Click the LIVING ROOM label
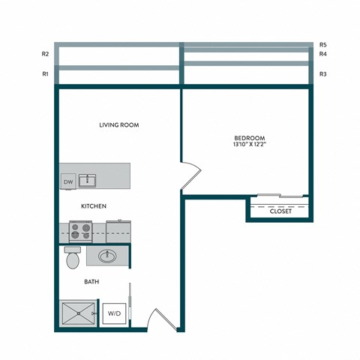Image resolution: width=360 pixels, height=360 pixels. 119,125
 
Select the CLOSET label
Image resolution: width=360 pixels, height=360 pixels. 281,211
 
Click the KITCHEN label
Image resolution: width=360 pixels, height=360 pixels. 94,205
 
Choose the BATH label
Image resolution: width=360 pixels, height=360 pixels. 92,282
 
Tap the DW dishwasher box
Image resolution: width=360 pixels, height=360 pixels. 67,181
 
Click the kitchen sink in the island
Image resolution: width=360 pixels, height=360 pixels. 88,180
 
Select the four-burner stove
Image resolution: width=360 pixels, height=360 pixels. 81,229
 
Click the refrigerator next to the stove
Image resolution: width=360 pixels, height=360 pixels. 118,229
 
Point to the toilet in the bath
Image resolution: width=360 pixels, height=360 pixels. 73,258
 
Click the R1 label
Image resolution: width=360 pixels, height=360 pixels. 46,74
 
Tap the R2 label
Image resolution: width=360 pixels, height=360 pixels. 46,54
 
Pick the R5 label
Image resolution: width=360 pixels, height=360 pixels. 322,44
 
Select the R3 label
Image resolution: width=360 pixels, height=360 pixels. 322,74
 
